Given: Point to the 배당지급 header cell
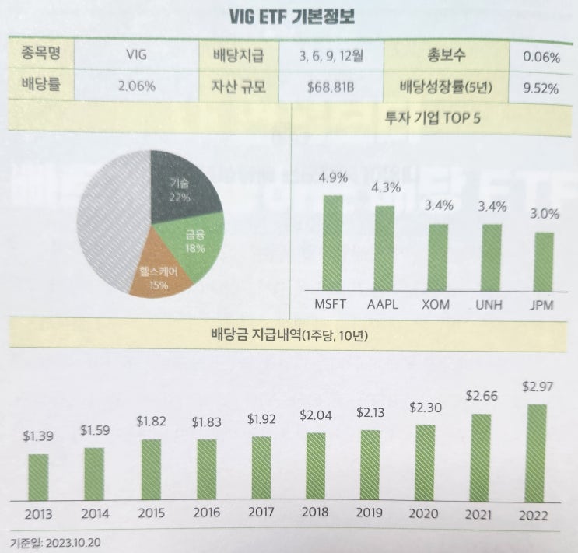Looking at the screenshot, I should click(x=239, y=56).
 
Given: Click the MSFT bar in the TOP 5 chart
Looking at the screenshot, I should click(x=333, y=241).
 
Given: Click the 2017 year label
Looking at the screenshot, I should click(x=261, y=514).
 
